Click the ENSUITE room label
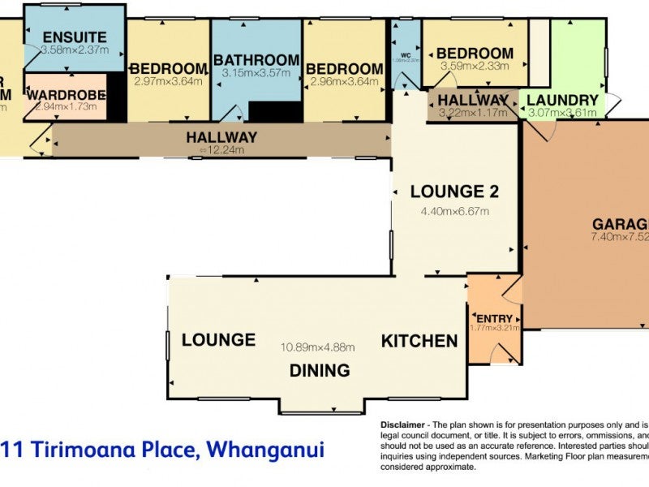coord(75,37)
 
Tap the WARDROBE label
coord(66,96)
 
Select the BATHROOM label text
coord(256,60)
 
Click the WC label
coord(405,46)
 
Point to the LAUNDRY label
coord(562,101)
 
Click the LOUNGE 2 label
coord(454,192)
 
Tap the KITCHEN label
coord(420,341)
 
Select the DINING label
coord(320,370)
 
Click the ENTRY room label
coord(494,318)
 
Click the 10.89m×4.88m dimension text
coord(318,347)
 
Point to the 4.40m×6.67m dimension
coord(454,212)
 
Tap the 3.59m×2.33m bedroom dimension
coord(475,66)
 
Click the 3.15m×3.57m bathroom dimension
coord(256,74)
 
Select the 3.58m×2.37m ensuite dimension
coord(74,50)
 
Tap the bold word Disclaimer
coord(403,425)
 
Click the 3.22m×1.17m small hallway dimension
coord(473,112)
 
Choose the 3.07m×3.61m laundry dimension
coord(562,113)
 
